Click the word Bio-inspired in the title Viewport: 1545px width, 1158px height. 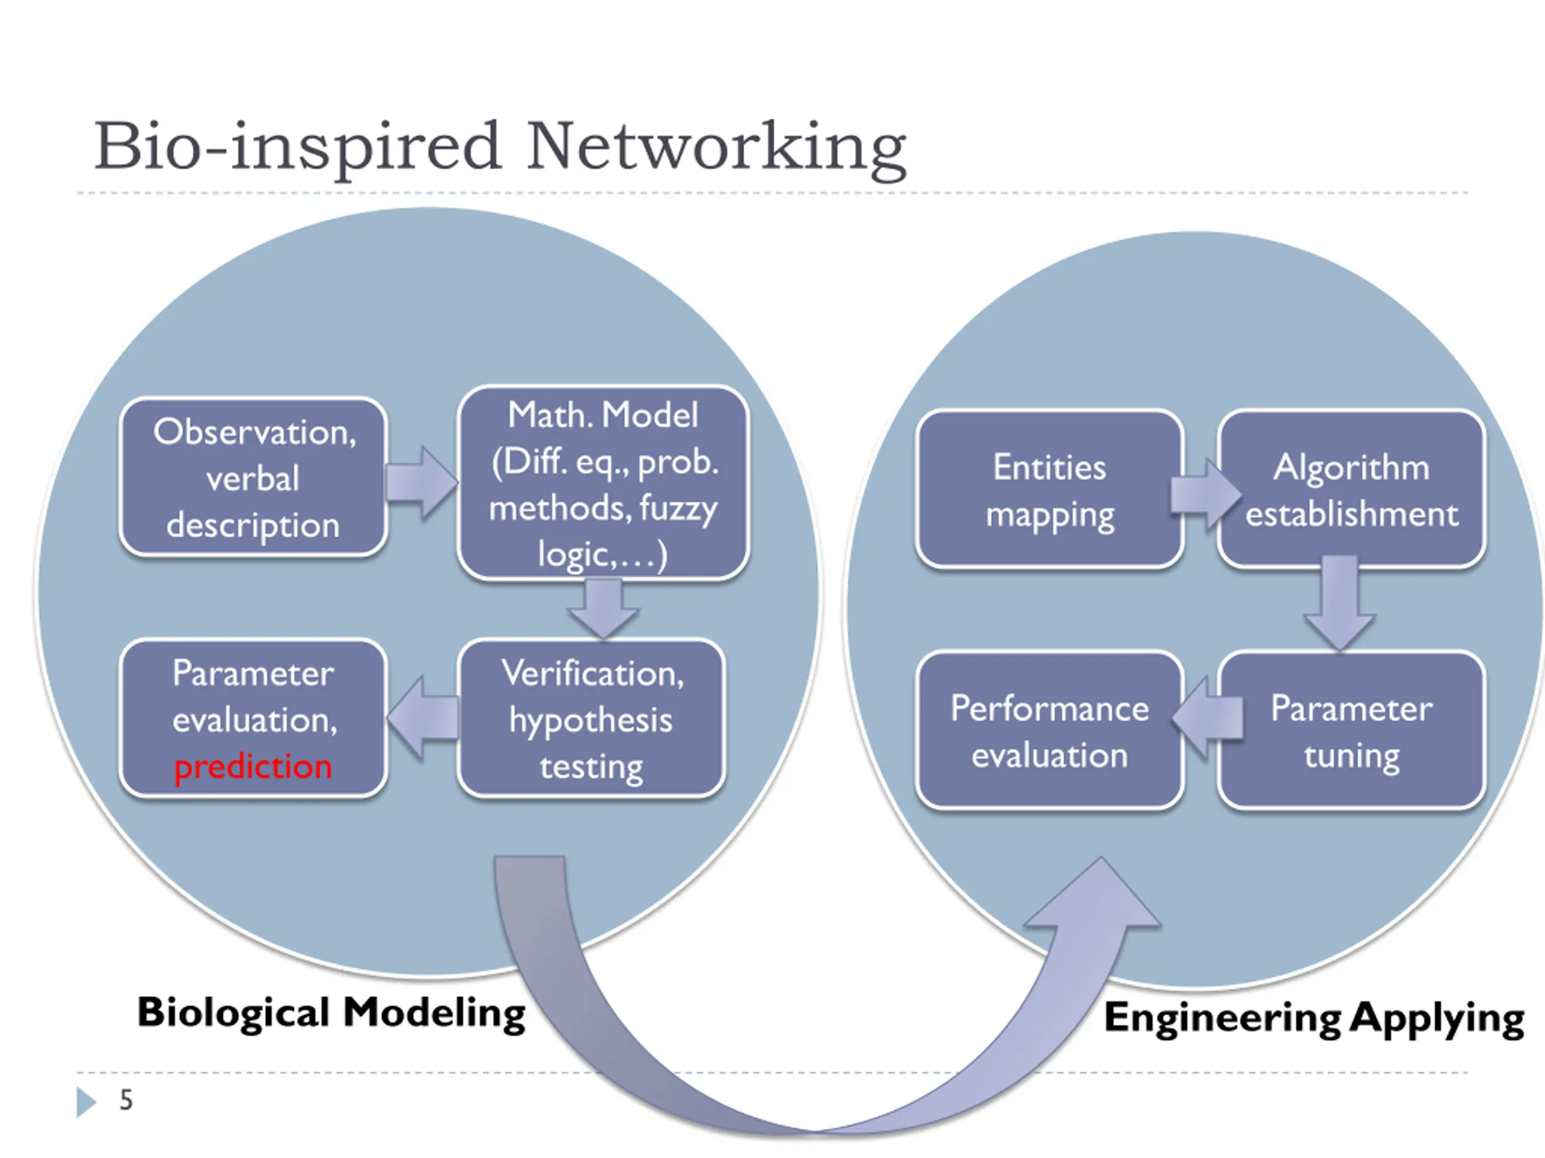tap(298, 147)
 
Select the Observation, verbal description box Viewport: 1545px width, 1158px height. tap(253, 478)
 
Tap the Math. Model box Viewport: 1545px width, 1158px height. tap(603, 483)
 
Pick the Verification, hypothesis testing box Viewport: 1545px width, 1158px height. tap(591, 718)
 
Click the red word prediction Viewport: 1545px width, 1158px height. tap(253, 767)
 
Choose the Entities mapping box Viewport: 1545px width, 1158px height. tap(1050, 489)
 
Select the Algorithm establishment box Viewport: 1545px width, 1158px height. tap(1351, 489)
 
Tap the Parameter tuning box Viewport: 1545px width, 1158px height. tap(1351, 731)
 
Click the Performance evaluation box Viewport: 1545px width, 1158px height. tap(1050, 731)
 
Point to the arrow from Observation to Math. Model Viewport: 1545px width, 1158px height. tap(422, 482)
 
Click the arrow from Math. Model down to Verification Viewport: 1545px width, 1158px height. tap(603, 609)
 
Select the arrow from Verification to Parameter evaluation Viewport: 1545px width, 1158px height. tap(422, 718)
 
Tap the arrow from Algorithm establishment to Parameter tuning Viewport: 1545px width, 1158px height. tap(1340, 603)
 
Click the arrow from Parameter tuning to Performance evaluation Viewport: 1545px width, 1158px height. tap(1208, 717)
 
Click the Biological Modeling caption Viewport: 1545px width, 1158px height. tap(331, 1013)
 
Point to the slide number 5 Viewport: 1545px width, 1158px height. tap(126, 1100)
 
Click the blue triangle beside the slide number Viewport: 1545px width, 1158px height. tap(86, 1101)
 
